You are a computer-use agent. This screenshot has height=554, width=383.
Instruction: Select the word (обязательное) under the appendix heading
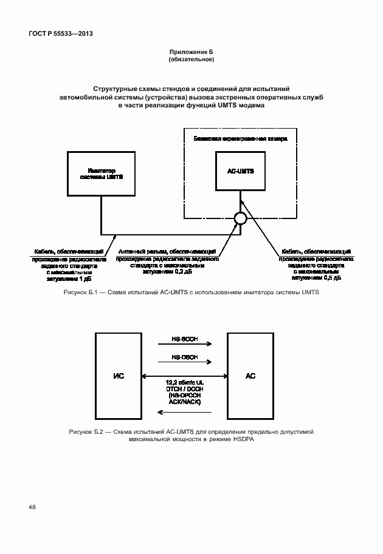[x=191, y=60]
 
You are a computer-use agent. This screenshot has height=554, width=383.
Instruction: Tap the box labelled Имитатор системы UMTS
[x=102, y=174]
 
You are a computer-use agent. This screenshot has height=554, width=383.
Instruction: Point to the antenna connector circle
[x=240, y=218]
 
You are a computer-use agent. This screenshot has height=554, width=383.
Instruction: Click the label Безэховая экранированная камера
[x=240, y=138]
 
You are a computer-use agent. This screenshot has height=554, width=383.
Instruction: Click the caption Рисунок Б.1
[x=191, y=292]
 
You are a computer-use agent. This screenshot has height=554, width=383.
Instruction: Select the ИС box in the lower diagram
[x=119, y=376]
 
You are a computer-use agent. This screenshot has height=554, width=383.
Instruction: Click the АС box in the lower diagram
[x=250, y=376]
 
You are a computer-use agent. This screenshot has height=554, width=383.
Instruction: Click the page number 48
[x=31, y=507]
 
